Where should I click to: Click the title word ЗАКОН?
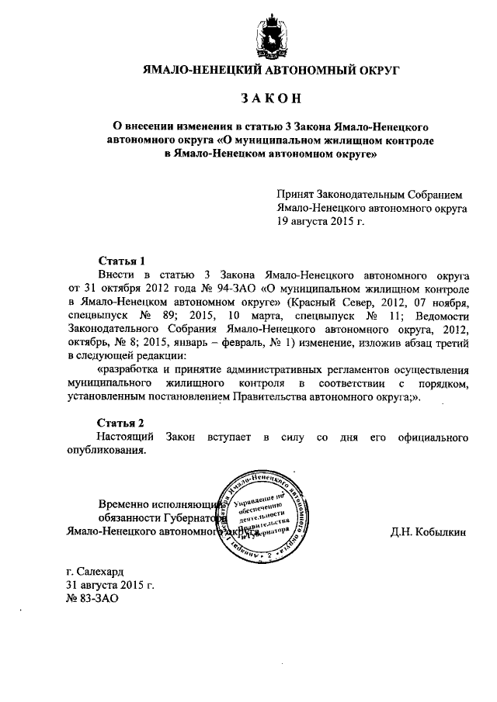tap(270, 99)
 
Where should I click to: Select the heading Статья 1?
tap(121, 261)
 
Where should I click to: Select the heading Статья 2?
tap(121, 423)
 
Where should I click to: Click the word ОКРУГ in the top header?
tap(375, 70)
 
